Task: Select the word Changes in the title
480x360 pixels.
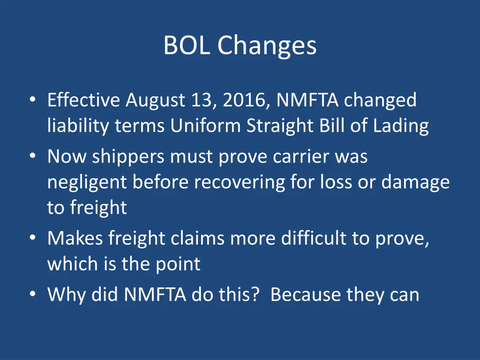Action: point(267,46)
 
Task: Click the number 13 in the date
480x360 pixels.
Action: point(202,100)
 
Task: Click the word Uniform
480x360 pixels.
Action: point(206,126)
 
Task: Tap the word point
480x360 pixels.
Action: point(178,264)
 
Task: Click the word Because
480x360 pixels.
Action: point(306,295)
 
